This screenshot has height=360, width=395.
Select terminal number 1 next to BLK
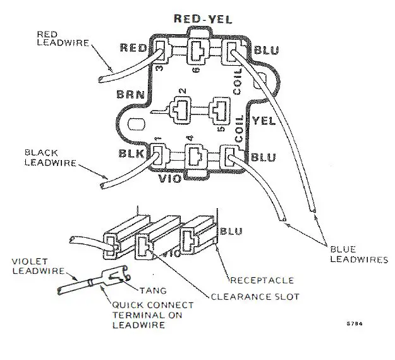tap(156, 138)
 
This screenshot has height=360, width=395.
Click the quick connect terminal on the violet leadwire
tap(114, 278)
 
